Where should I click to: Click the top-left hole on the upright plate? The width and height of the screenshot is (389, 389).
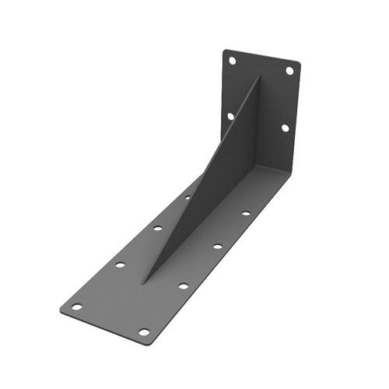coord(232,60)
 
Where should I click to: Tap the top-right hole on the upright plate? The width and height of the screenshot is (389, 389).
coord(289,71)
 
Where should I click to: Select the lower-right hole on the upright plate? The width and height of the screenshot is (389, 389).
coord(285,128)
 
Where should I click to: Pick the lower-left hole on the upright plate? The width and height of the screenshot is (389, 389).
coord(230,116)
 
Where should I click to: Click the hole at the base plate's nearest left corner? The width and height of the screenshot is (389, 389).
coord(76,307)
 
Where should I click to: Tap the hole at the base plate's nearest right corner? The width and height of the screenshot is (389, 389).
coord(144,332)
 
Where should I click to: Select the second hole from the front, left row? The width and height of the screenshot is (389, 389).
coord(120,265)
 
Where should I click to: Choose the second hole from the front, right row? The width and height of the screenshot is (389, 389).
coord(184,286)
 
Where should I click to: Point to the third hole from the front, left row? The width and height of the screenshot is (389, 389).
coord(157,228)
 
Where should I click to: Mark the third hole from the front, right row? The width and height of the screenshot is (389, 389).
coord(217,246)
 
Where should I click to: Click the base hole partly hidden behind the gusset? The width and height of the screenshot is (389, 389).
coord(187,198)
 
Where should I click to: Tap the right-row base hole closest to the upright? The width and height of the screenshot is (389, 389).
coord(246,213)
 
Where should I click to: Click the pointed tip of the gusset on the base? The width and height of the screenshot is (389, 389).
coord(143,284)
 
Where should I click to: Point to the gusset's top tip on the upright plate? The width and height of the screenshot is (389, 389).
coord(258,76)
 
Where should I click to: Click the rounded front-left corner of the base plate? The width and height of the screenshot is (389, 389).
coord(62,309)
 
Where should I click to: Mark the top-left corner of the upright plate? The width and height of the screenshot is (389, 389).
coord(225,51)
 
